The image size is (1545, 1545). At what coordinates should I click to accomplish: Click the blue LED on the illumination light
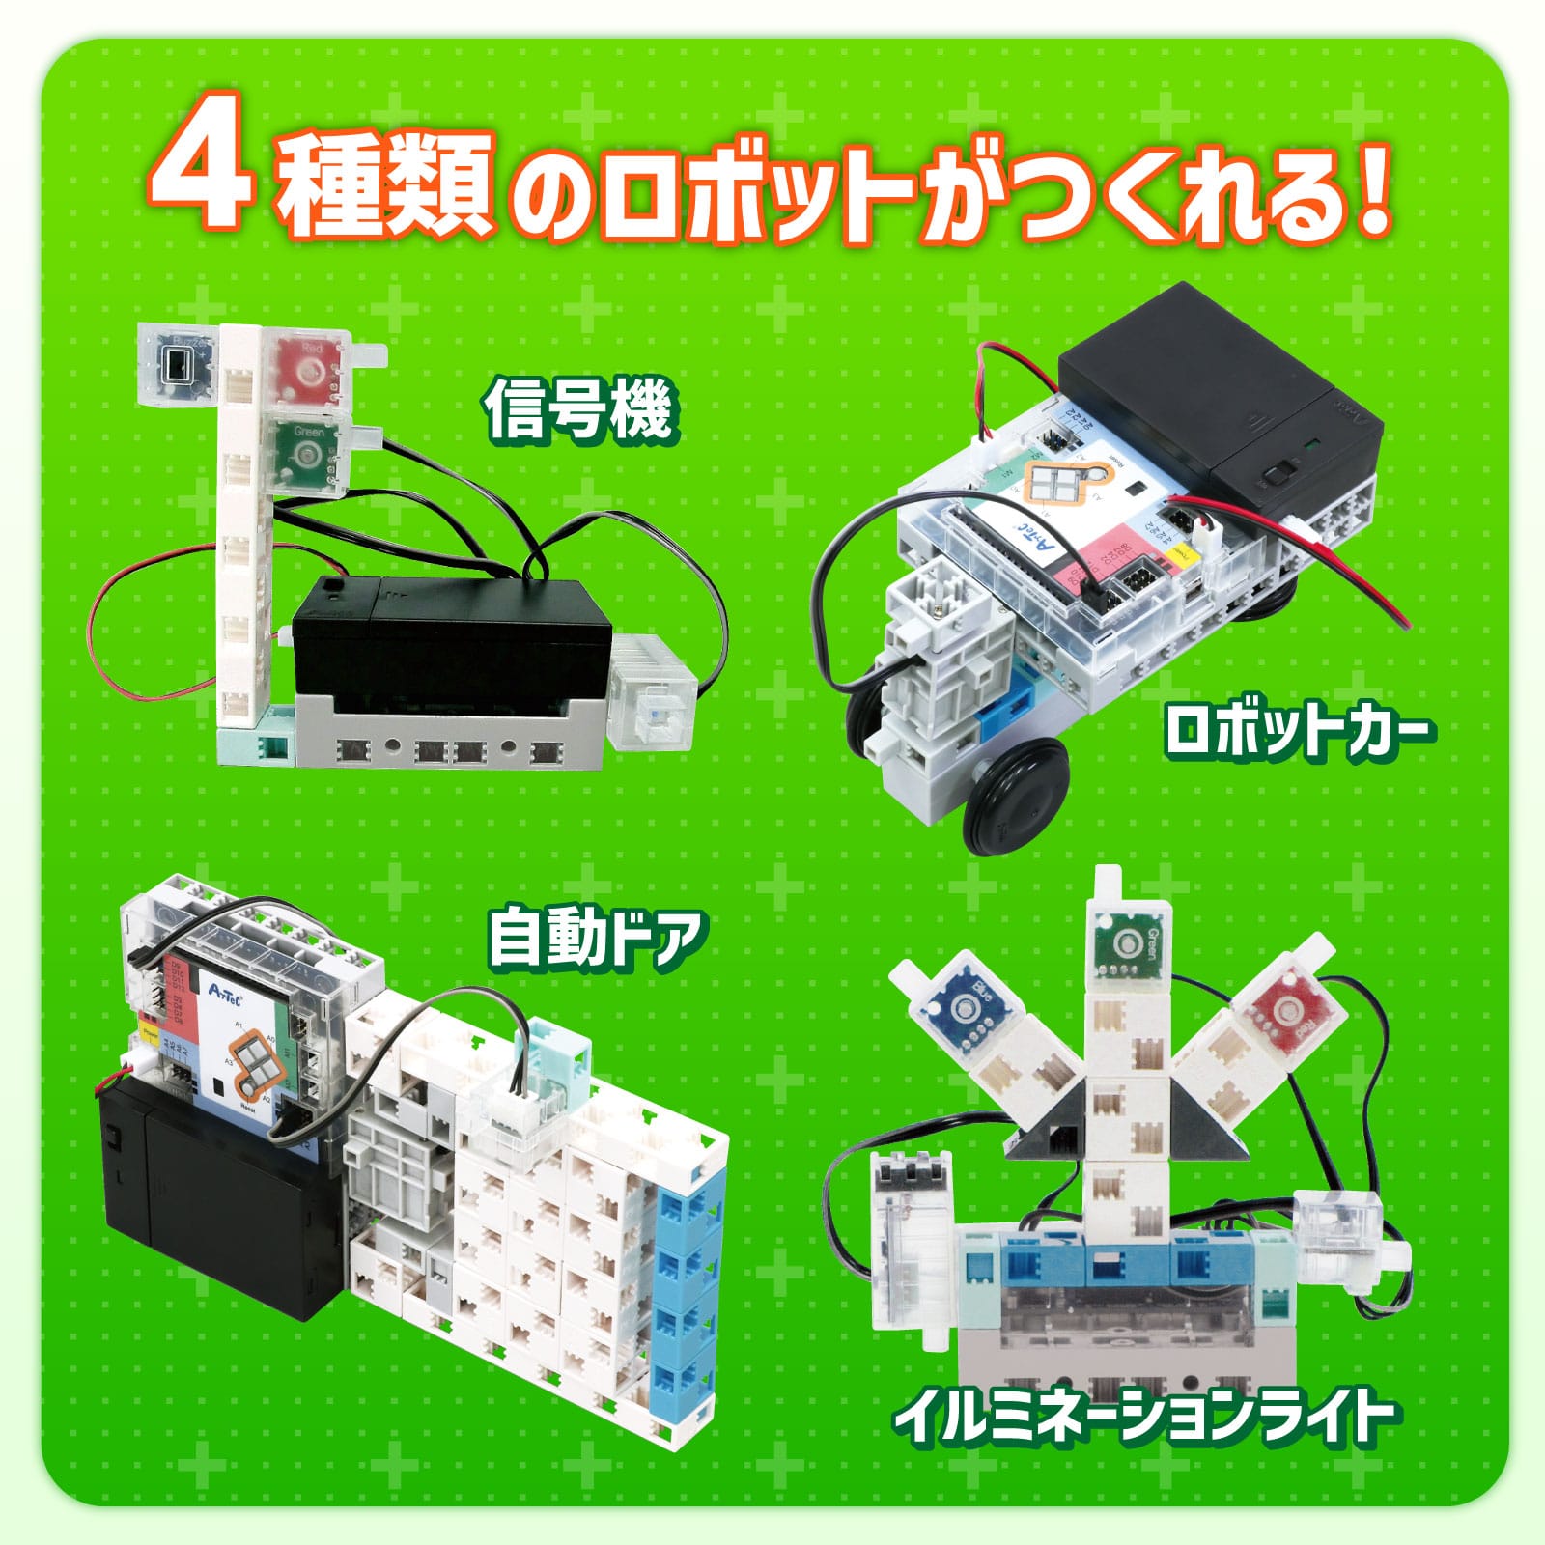(x=962, y=1008)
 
